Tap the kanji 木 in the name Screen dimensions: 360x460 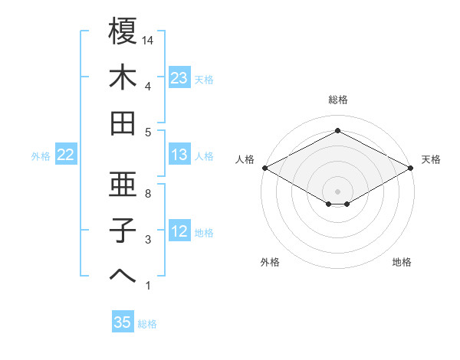123,77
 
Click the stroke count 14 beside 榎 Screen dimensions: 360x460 149,40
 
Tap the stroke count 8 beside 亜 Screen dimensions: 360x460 148,194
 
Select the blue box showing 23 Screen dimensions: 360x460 179,78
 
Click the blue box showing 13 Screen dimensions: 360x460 179,155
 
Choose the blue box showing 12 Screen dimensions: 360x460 179,231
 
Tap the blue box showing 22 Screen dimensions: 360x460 66,155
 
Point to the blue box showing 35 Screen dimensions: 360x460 123,322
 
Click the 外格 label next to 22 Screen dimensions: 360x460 41,156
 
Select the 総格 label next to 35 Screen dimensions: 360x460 148,324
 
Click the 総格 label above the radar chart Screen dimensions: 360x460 337,100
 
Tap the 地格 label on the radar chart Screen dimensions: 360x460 402,262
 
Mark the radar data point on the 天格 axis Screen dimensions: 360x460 411,168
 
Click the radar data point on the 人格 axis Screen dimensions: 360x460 264,168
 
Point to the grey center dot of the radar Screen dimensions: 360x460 337,190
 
